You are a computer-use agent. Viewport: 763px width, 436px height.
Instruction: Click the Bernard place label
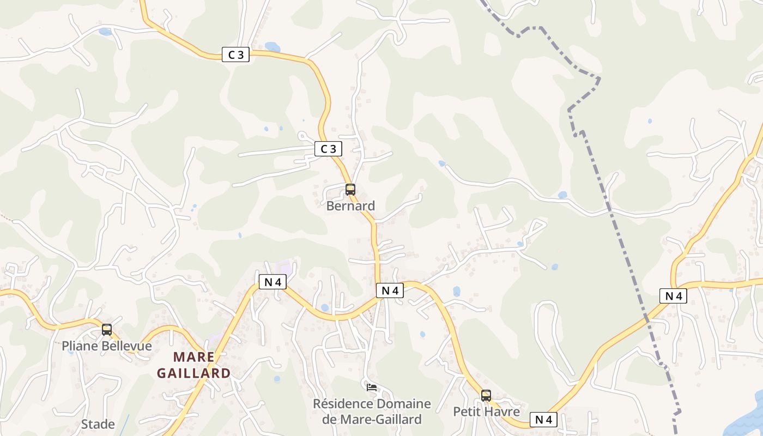[x=350, y=206]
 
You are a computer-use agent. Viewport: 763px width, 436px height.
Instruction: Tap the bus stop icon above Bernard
[x=350, y=190]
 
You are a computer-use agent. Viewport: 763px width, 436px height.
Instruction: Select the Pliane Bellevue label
[x=107, y=346]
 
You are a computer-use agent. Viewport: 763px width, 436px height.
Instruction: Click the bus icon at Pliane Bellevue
[x=107, y=330]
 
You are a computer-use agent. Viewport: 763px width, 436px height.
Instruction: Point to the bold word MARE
[x=193, y=357]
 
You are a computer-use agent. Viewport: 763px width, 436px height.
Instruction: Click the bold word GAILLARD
[x=193, y=373]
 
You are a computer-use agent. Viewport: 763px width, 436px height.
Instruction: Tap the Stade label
[x=98, y=424]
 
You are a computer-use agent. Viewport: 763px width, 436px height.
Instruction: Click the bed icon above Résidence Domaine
[x=372, y=387]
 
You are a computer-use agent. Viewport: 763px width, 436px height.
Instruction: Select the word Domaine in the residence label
[x=404, y=404]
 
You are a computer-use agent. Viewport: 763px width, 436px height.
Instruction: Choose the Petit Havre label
[x=486, y=411]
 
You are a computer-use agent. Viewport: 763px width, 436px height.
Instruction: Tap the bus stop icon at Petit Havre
[x=486, y=396]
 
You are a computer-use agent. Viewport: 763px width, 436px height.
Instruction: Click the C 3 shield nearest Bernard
[x=328, y=148]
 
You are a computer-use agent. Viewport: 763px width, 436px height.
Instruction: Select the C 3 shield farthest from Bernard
[x=235, y=55]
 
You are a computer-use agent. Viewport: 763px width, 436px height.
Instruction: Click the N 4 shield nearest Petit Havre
[x=543, y=419]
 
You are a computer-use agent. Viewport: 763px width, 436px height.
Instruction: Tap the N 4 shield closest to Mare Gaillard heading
[x=272, y=282]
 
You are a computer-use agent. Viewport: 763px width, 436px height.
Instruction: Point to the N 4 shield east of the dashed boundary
[x=673, y=296]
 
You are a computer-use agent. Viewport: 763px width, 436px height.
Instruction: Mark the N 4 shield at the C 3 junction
[x=390, y=290]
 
